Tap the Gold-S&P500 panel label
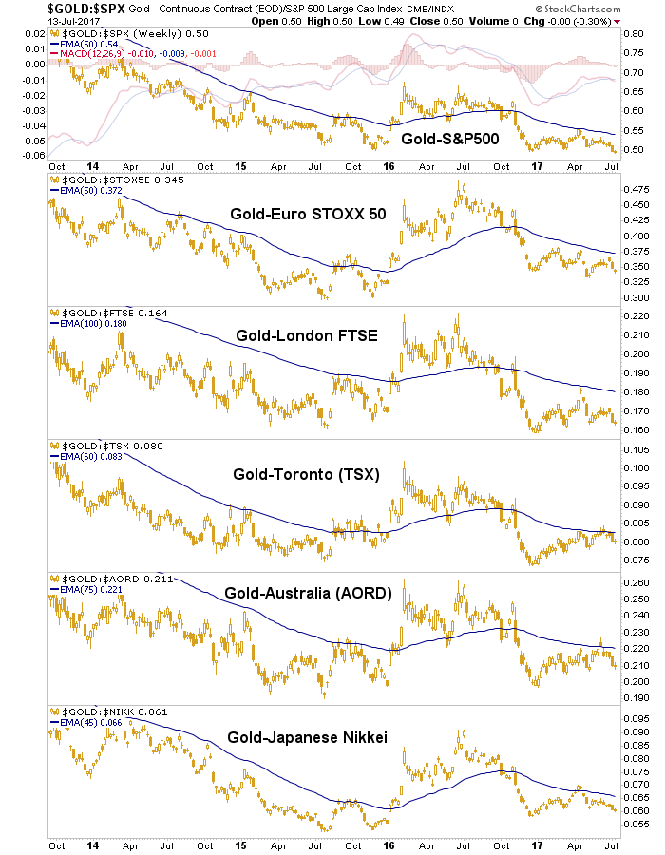click(450, 139)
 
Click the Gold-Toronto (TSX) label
click(304, 474)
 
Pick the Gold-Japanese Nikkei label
click(299, 734)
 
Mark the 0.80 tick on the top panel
click(635, 33)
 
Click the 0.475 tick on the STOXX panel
click(636, 191)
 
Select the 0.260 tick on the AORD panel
click(636, 583)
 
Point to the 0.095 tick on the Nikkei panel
click(636, 718)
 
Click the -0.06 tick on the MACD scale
click(33, 155)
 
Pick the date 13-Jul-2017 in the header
click(30, 22)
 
